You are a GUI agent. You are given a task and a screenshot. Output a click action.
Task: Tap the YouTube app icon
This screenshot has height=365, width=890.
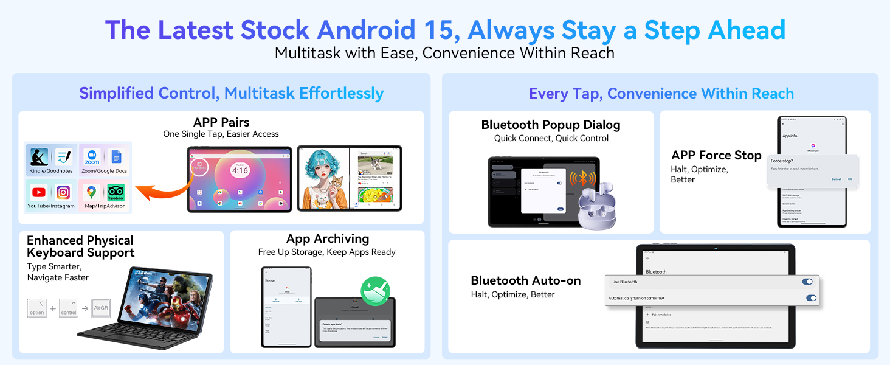(x=39, y=193)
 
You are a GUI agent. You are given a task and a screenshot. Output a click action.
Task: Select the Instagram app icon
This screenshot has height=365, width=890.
(x=63, y=193)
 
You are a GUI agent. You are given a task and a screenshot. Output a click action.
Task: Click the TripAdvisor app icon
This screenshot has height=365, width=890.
(x=116, y=193)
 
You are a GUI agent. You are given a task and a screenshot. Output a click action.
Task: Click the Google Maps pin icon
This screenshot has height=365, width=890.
(x=91, y=193)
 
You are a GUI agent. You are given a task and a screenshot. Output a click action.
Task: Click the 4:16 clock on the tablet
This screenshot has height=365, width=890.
(x=240, y=170)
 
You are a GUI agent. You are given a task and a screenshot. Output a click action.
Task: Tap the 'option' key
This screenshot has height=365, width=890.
(x=37, y=308)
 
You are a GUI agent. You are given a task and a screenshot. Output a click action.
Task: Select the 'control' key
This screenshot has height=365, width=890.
(x=69, y=308)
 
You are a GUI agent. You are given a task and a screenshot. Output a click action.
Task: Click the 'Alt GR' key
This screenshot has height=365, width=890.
(x=100, y=308)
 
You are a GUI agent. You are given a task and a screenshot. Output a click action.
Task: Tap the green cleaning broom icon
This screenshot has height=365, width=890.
(x=375, y=291)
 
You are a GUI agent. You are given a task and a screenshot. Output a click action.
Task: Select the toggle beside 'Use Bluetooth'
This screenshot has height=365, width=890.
(x=807, y=282)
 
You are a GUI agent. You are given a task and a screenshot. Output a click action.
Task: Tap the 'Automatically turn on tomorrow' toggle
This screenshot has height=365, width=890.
(x=810, y=298)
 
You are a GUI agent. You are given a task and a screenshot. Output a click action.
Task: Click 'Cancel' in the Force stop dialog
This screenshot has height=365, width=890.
(x=836, y=179)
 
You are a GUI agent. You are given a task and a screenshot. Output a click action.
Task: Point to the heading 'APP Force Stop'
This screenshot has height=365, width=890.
(x=716, y=155)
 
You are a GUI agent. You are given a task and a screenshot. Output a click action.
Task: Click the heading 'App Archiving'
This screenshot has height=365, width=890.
(x=327, y=238)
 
